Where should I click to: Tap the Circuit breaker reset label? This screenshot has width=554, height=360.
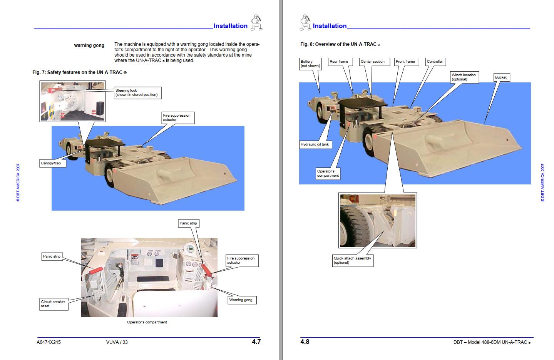54,304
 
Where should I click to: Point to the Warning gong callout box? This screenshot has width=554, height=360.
241,300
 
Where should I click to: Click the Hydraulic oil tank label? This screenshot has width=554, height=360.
315,144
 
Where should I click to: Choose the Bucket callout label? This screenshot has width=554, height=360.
501,77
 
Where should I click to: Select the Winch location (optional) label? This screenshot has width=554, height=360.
464,77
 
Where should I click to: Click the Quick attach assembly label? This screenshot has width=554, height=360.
353,260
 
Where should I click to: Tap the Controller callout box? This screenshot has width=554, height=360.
435,62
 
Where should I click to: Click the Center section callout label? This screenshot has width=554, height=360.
373,62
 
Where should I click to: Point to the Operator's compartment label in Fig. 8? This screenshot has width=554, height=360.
328,173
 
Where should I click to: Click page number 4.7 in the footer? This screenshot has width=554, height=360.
256,342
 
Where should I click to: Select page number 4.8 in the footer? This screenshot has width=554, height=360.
305,342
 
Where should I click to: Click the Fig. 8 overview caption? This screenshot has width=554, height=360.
340,44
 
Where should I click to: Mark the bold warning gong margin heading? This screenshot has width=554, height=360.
89,45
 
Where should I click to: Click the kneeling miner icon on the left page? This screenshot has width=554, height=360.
256,23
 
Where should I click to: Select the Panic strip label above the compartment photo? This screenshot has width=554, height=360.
188,223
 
